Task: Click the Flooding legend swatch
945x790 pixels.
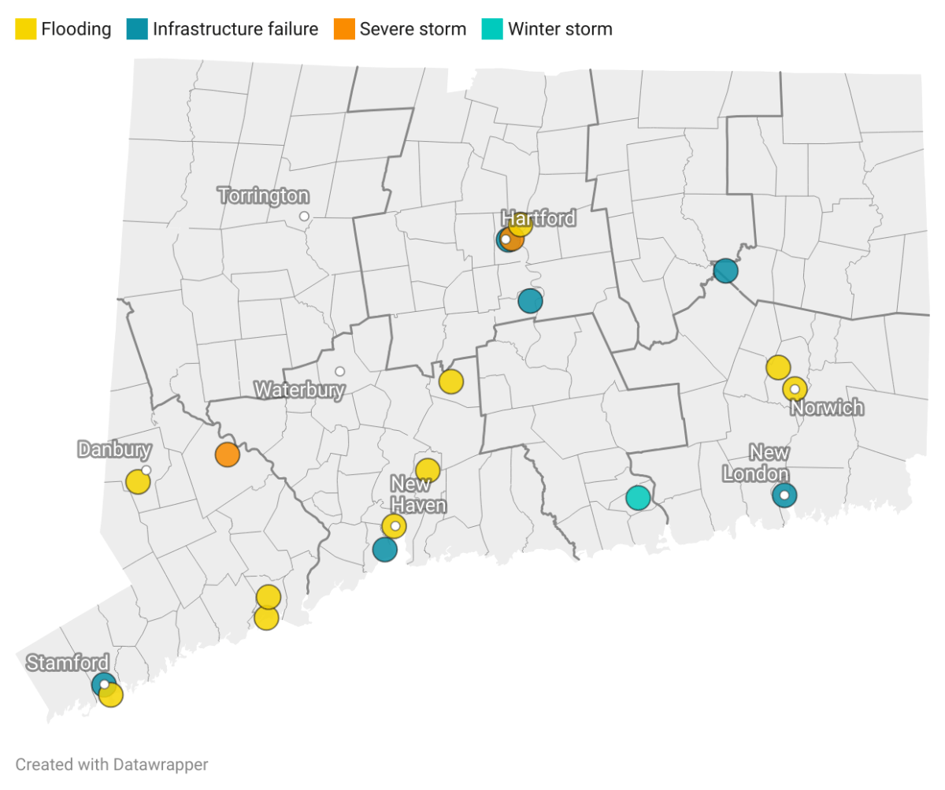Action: coord(26,30)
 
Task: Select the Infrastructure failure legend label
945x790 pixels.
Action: coord(235,30)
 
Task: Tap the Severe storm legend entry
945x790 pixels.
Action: coord(412,30)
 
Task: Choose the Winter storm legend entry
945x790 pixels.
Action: coord(559,30)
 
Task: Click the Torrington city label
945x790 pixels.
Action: coord(263,195)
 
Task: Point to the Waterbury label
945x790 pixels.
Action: coord(299,390)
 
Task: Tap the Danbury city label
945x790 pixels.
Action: coord(114,450)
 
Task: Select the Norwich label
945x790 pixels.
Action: coord(827,408)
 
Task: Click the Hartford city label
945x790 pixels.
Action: coord(539,218)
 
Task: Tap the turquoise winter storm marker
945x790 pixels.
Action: coord(638,498)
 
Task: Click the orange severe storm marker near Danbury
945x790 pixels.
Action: coord(227,454)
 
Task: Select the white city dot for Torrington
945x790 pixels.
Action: coord(304,216)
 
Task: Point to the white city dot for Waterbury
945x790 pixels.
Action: coord(339,371)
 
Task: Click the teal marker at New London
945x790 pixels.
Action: coord(784,495)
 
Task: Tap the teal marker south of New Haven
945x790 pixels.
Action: coord(384,549)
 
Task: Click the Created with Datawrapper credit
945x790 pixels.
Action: coord(112,764)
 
